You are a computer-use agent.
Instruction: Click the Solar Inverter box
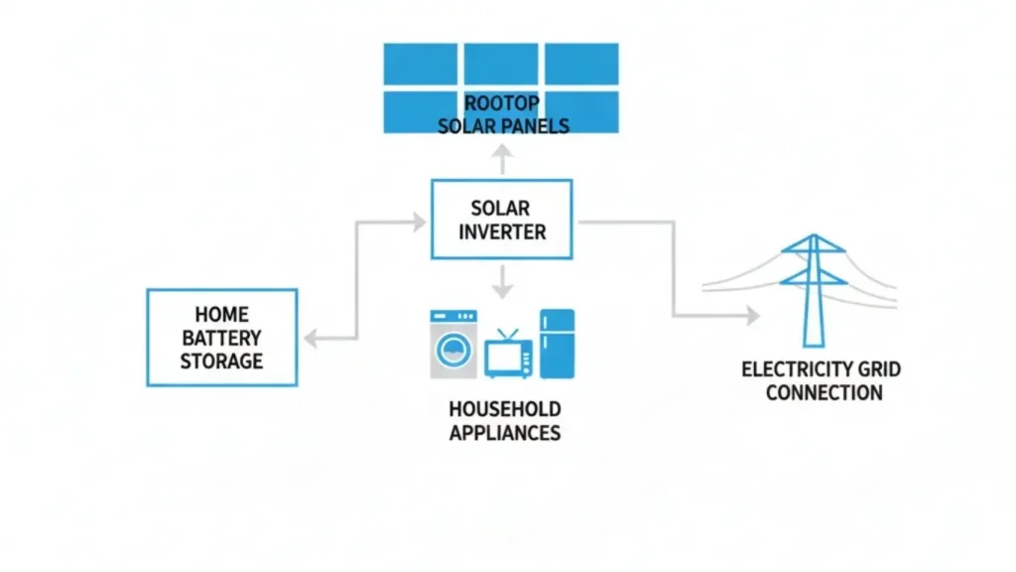pos(501,220)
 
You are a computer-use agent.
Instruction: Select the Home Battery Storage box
pos(221,338)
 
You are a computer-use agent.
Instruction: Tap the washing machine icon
pos(452,345)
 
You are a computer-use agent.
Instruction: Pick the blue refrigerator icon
pos(557,344)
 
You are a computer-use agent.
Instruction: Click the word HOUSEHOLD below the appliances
pos(504,409)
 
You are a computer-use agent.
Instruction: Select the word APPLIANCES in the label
pos(504,432)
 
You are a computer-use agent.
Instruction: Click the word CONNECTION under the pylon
pos(824,392)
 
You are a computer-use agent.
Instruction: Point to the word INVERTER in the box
pos(501,232)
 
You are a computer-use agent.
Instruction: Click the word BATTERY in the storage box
pos(221,339)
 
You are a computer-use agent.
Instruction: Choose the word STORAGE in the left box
pos(221,361)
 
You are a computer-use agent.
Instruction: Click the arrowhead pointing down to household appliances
pos(502,292)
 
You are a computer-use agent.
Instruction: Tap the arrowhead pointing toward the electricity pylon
pos(751,316)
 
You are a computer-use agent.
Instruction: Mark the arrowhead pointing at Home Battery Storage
pos(311,339)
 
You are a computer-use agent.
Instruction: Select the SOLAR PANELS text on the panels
pos(503,126)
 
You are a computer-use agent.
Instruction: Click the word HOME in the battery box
pos(221,316)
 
